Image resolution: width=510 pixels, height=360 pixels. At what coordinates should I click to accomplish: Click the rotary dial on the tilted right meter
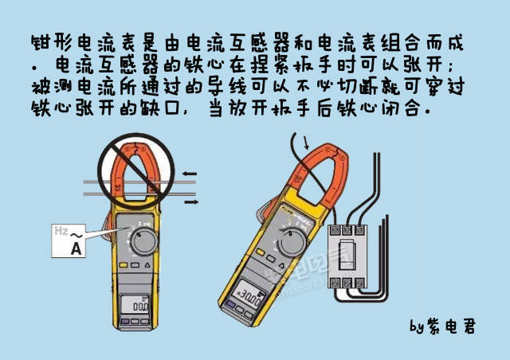292,240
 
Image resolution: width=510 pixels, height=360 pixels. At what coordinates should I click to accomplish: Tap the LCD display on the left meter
138,304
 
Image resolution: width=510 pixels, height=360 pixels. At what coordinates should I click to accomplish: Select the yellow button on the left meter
125,268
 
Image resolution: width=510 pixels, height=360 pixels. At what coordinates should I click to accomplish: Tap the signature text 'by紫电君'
441,327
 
